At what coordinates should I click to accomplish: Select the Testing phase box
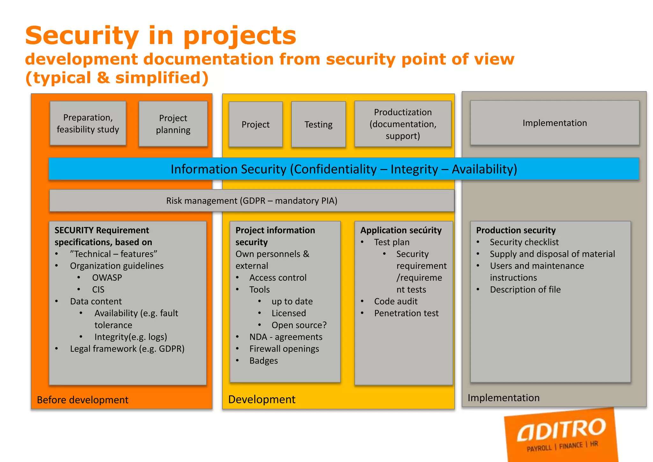[318, 124]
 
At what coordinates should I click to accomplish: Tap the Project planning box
[173, 124]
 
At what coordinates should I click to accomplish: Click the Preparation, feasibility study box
[88, 123]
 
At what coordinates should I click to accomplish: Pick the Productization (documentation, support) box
[403, 124]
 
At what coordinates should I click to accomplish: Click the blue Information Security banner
[344, 169]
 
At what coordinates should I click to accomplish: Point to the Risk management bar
[252, 201]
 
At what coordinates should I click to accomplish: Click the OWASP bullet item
[107, 278]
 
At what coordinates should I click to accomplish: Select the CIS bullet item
[98, 289]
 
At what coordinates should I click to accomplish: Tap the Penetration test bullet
[406, 313]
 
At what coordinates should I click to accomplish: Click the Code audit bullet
[396, 302]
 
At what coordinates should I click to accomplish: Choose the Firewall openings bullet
[284, 349]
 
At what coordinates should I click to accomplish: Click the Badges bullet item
[264, 361]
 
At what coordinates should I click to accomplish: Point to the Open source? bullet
[299, 325]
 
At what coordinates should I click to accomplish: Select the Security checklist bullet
[524, 242]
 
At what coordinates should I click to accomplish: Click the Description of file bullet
[525, 289]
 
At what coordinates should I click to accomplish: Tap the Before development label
[83, 400]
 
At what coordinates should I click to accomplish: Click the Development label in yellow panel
[262, 399]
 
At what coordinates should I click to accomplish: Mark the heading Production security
[516, 230]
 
